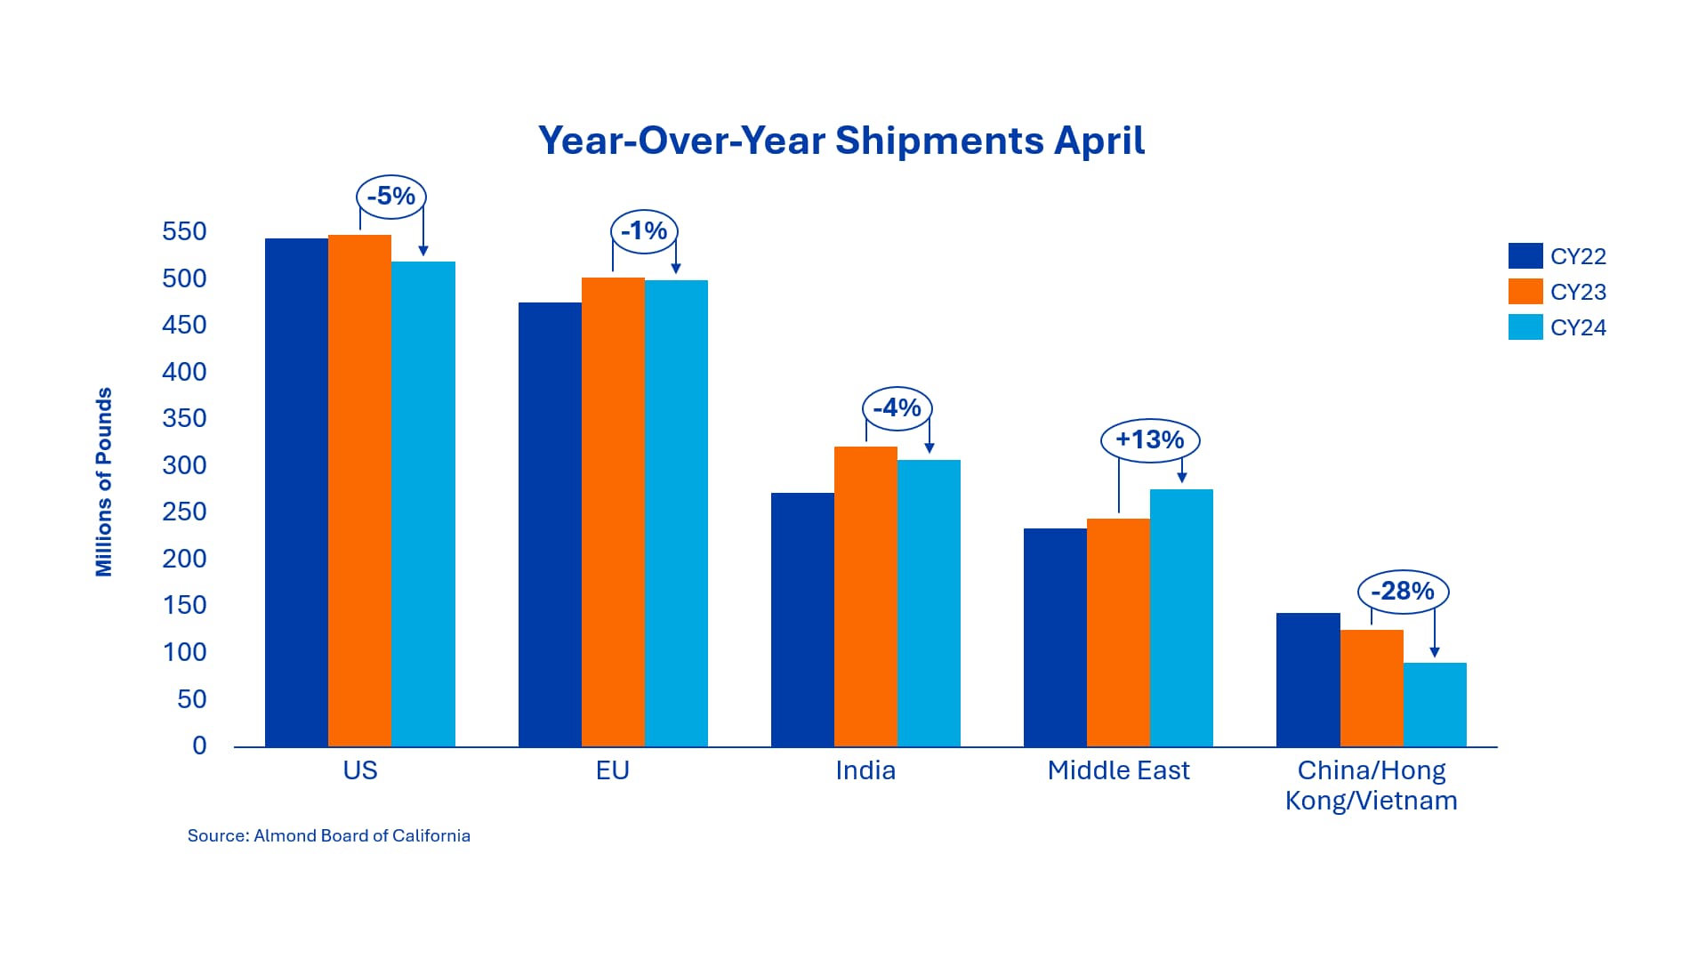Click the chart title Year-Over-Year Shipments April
click(x=841, y=141)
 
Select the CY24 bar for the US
click(x=423, y=504)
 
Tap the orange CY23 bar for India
click(x=865, y=596)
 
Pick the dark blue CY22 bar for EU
click(x=550, y=524)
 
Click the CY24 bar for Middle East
click(x=1181, y=617)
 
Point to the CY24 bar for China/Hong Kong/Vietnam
click(x=1435, y=705)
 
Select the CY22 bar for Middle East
click(x=1055, y=637)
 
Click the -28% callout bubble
click(x=1403, y=591)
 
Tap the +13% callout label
click(x=1150, y=439)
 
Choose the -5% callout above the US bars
click(x=391, y=196)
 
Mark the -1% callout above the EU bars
click(x=644, y=231)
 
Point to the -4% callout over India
click(x=897, y=408)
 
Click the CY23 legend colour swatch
click(x=1525, y=291)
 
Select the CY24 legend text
click(x=1578, y=327)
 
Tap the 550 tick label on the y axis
click(x=184, y=231)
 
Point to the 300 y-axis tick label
click(x=184, y=465)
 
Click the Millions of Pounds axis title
click(x=104, y=482)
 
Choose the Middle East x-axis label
click(x=1118, y=770)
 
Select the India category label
click(x=865, y=770)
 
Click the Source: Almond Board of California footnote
click(x=329, y=835)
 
